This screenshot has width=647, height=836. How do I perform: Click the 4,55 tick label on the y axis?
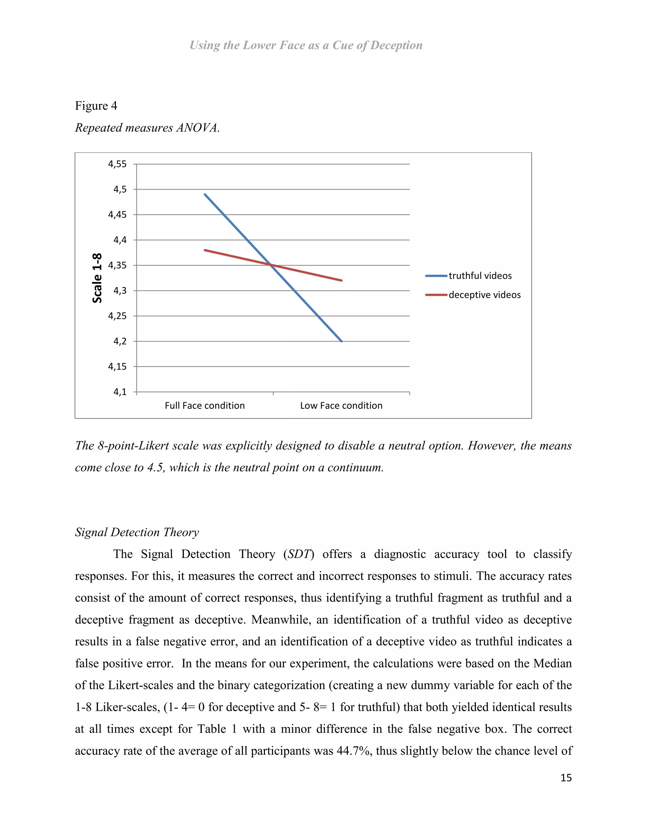[117, 164]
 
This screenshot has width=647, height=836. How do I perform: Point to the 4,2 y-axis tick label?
[120, 341]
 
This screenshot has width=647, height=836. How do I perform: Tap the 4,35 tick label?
[117, 265]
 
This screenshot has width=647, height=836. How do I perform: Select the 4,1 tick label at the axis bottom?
[120, 392]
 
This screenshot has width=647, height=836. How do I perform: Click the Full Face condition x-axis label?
[205, 406]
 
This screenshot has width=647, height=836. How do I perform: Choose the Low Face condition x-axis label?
[341, 406]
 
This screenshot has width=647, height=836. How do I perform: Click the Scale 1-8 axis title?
[97, 278]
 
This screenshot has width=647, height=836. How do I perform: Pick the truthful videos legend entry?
[480, 276]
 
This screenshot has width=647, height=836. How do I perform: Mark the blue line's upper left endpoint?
[205, 194]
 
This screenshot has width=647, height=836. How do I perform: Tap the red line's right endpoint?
[342, 280]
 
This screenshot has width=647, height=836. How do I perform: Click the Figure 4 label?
[96, 106]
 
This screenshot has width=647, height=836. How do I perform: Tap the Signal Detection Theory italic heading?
[137, 533]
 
